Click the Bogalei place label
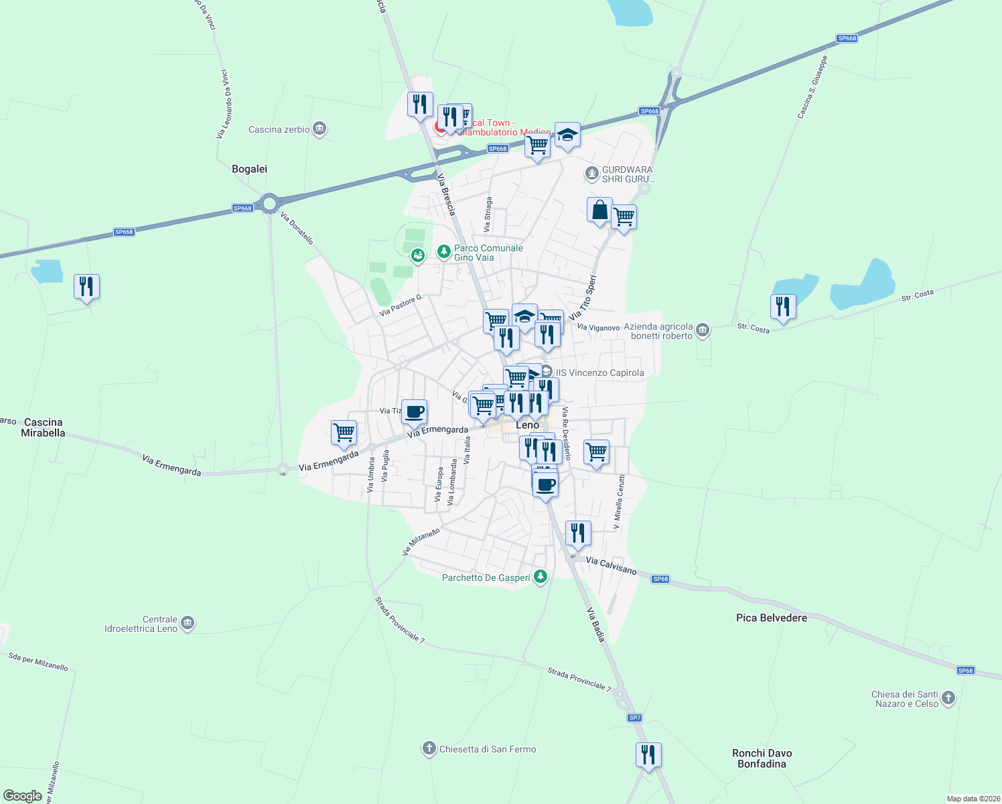pyautogui.click(x=249, y=169)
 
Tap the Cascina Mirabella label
pyautogui.click(x=43, y=427)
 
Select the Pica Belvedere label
pyautogui.click(x=771, y=618)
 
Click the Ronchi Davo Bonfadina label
pyautogui.click(x=762, y=758)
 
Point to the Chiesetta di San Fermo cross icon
pyautogui.click(x=429, y=749)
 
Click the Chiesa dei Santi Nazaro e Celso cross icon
pyautogui.click(x=948, y=698)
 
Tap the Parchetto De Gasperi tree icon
pyautogui.click(x=541, y=577)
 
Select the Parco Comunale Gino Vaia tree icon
pyautogui.click(x=443, y=252)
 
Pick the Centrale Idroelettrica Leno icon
pyautogui.click(x=188, y=623)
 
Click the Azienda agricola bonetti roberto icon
pyautogui.click(x=703, y=330)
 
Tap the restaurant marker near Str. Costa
pyautogui.click(x=783, y=307)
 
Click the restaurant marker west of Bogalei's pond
pyautogui.click(x=86, y=287)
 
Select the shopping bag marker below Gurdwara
pyautogui.click(x=599, y=210)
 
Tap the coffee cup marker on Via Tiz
pyautogui.click(x=414, y=411)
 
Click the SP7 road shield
pyautogui.click(x=634, y=718)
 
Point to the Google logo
pyautogui.click(x=22, y=796)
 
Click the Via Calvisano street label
pyautogui.click(x=611, y=565)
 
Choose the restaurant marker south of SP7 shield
pyautogui.click(x=648, y=755)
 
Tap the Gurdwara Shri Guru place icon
pyautogui.click(x=591, y=174)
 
